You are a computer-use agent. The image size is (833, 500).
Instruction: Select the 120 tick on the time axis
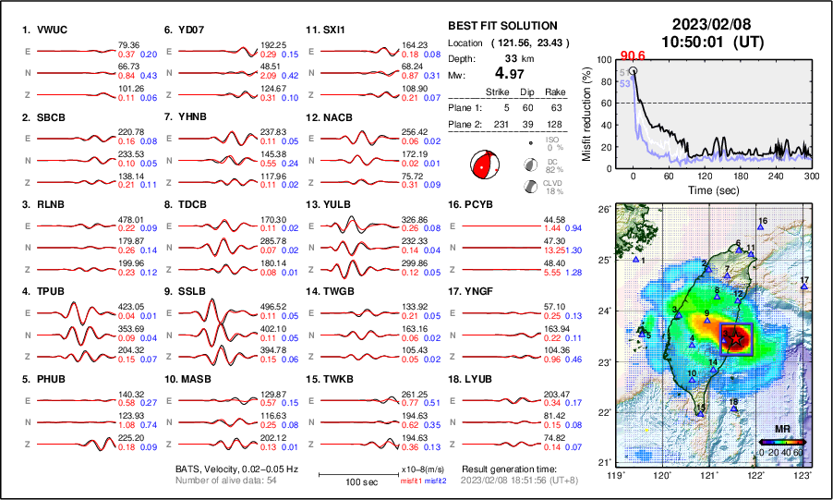(705, 176)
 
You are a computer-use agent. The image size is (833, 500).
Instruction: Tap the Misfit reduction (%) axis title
(587, 114)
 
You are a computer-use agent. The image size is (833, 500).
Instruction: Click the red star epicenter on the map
(736, 340)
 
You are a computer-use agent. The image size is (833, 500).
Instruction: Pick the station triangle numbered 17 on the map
(804, 287)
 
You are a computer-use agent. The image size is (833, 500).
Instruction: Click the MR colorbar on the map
(782, 442)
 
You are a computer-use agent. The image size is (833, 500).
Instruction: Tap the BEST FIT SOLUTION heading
(501, 26)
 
